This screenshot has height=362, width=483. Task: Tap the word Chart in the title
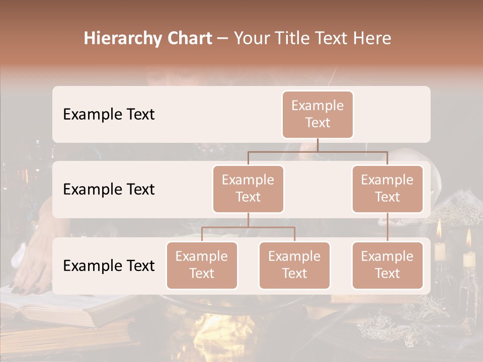click(189, 38)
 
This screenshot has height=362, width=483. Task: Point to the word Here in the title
click(372, 38)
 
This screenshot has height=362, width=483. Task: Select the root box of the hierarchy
click(317, 114)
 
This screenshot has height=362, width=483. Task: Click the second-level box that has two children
click(248, 189)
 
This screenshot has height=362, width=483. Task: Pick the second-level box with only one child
click(387, 189)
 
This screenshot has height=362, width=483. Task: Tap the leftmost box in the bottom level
click(202, 265)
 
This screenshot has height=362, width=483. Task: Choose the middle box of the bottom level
click(294, 265)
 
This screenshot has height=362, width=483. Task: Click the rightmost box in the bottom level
click(387, 265)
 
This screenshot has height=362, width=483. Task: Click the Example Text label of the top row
click(109, 115)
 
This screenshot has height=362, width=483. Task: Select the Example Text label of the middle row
click(109, 190)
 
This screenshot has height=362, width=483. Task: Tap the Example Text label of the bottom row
click(109, 265)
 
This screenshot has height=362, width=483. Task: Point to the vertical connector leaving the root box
click(317, 145)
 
